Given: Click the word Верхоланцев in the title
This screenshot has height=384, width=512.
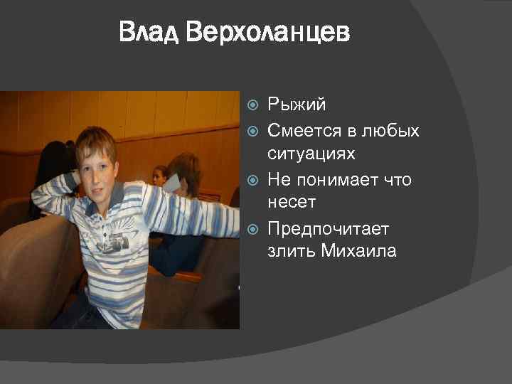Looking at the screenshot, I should coord(268,33).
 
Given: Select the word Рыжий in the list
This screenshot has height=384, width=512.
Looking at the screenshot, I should coord(297,106).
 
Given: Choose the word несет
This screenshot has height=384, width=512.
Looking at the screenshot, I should coord(292,203).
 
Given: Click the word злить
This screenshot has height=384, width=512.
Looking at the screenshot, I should coord(291,252).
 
